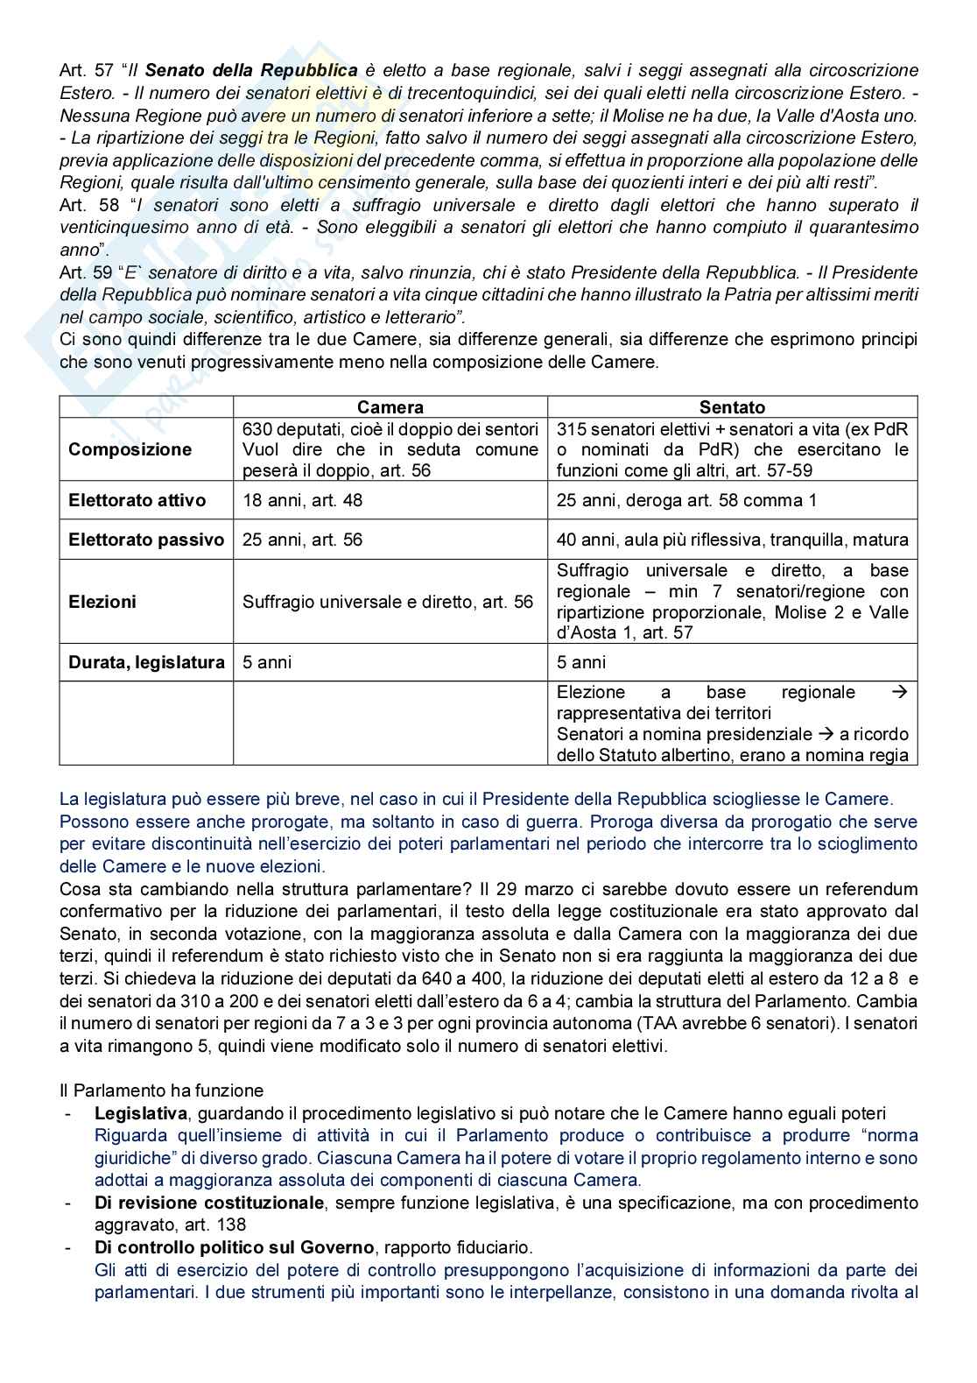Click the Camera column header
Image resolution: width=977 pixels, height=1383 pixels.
pos(390,407)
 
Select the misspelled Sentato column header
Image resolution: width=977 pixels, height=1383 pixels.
pos(732,407)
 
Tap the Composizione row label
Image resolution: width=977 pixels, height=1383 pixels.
pos(130,449)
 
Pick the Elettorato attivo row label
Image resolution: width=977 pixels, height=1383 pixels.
pos(137,500)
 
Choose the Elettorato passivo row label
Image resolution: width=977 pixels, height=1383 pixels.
pos(146,540)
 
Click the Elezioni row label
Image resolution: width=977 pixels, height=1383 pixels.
pos(102,602)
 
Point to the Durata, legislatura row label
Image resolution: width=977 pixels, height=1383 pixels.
pos(146,662)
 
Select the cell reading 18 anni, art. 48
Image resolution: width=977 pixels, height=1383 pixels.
pos(302,500)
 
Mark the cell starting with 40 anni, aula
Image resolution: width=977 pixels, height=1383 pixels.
pos(732,540)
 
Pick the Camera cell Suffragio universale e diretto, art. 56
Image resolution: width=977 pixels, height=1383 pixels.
pos(388,602)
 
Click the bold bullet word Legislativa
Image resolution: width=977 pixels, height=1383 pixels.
pos(141,1113)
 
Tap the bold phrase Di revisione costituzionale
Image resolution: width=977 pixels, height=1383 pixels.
pos(209,1203)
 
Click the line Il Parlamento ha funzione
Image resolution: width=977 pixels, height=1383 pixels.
pos(161,1090)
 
